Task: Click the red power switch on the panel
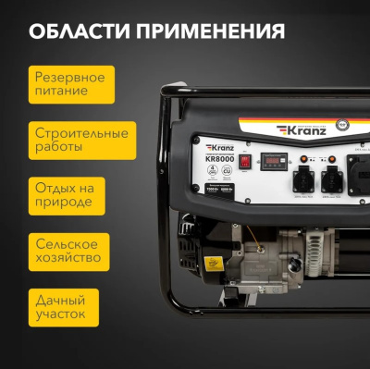(x=244, y=161)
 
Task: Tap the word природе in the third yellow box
(x=60, y=203)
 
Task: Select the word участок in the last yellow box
(x=61, y=314)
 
